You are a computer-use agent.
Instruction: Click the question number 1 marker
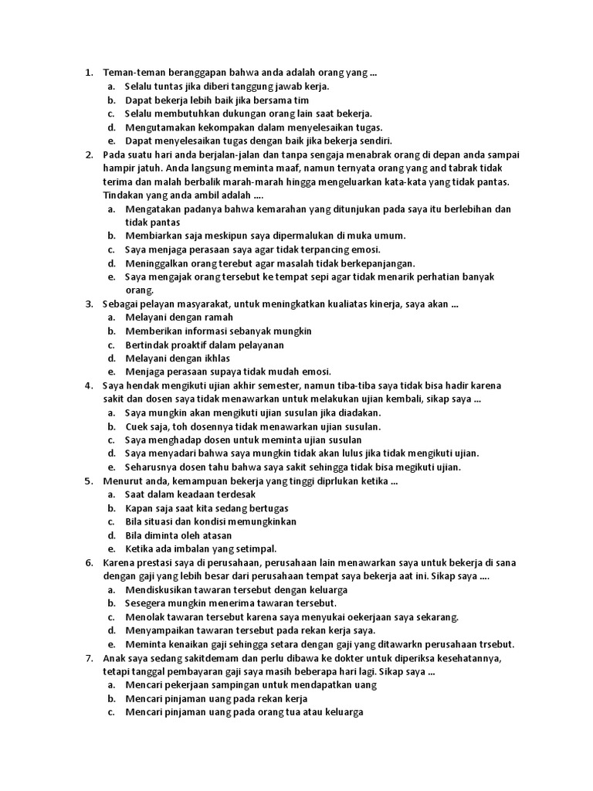[x=87, y=73]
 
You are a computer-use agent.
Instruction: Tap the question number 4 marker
[x=87, y=385]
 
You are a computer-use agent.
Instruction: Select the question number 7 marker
[x=87, y=657]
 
